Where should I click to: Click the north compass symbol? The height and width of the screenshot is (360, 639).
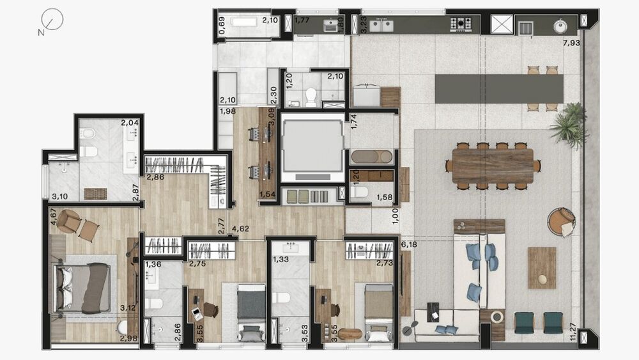click(54, 20)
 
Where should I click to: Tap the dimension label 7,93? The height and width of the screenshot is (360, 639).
click(571, 43)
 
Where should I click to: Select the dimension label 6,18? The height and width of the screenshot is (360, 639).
click(408, 244)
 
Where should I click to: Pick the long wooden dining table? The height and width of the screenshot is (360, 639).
click(492, 166)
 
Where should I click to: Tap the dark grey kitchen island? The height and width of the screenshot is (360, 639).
click(499, 88)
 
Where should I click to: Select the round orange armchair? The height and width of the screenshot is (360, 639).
click(561, 221)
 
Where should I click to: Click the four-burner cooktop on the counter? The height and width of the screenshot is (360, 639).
click(461, 24)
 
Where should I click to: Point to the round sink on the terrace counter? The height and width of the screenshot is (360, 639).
click(560, 26)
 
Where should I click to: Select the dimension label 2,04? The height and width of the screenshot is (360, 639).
click(130, 123)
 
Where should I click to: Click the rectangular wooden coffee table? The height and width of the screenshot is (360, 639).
click(541, 267)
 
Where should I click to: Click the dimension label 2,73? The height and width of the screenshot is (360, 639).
click(384, 263)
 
